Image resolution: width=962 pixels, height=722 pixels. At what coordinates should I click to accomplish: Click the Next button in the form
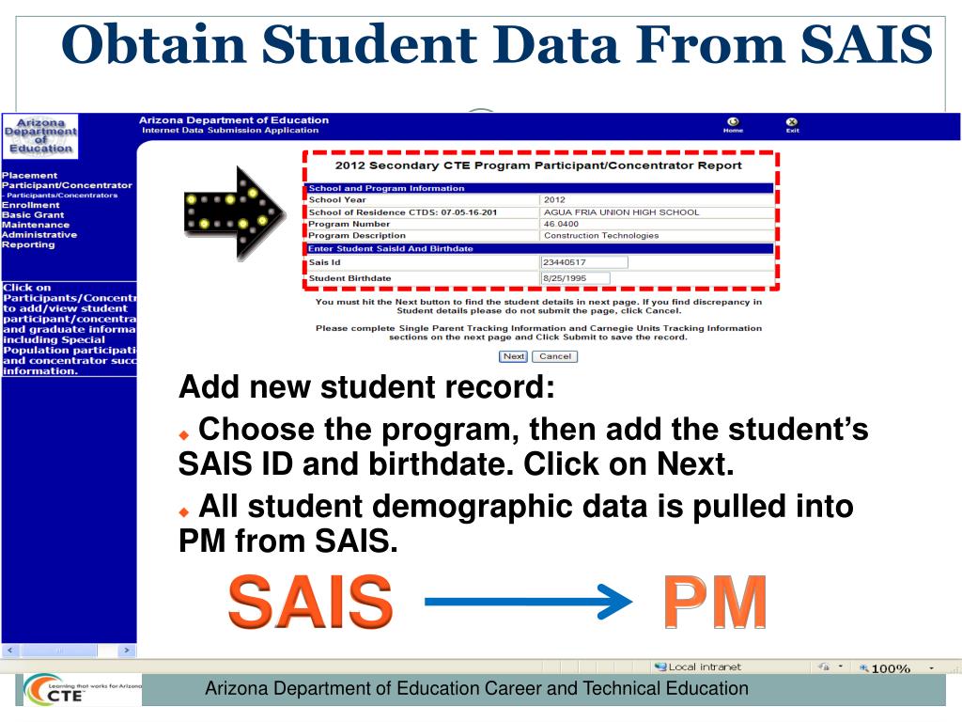point(514,356)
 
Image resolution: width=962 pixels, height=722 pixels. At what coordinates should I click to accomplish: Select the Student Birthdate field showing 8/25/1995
point(575,278)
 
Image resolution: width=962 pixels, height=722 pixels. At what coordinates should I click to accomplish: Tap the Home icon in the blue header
point(733,124)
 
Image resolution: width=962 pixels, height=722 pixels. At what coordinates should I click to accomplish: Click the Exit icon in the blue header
point(792,124)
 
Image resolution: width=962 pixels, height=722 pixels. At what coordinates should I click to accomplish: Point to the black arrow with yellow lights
point(233,212)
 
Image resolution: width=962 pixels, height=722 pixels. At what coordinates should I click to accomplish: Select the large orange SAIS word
point(310,602)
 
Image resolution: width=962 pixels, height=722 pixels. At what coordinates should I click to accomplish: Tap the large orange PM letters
point(713,602)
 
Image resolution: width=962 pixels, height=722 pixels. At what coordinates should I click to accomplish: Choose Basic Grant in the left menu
point(33,214)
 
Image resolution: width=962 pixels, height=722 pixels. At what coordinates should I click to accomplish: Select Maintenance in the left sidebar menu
point(36,225)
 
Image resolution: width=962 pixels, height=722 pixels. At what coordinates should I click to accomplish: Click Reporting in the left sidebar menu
point(29,244)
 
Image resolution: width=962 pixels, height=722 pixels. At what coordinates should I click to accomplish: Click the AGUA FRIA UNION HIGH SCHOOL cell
point(621,212)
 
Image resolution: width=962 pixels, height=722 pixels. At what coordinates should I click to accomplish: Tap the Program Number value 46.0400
point(563,224)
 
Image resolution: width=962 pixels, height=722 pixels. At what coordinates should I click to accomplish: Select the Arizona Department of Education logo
point(39,135)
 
